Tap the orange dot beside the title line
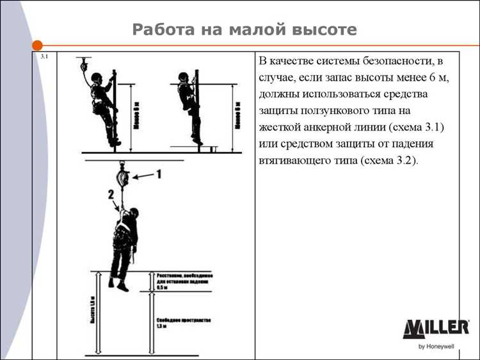37,45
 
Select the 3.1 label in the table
44,57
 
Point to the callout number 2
111,193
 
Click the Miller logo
435,329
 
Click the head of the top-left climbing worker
97,79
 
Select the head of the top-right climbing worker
184,78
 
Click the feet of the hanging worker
118,285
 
